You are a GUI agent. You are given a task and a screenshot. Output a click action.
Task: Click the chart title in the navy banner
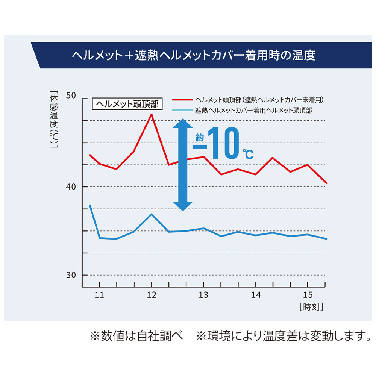click(193, 56)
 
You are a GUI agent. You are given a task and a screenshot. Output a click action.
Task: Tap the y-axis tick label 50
click(71, 97)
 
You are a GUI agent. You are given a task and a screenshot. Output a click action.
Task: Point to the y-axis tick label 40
click(71, 187)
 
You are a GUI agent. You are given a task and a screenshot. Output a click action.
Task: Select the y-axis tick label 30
click(71, 275)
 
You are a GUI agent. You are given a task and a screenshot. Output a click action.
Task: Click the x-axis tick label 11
click(99, 295)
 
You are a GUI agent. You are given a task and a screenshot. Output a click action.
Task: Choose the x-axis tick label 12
click(151, 295)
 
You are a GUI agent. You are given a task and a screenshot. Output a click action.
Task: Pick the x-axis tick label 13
click(203, 295)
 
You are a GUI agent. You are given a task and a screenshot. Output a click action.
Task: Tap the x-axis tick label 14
click(256, 295)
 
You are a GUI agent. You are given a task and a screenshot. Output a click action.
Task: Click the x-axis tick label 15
click(308, 295)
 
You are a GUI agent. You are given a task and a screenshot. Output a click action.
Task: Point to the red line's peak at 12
click(151, 114)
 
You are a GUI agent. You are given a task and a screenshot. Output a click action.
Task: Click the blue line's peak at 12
click(151, 214)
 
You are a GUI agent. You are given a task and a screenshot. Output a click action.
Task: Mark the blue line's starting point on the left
click(90, 206)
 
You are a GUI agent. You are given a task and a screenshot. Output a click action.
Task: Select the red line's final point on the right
click(327, 183)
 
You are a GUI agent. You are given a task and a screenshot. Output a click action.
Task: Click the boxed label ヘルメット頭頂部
click(128, 103)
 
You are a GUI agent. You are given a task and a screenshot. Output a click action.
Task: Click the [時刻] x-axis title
click(311, 307)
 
